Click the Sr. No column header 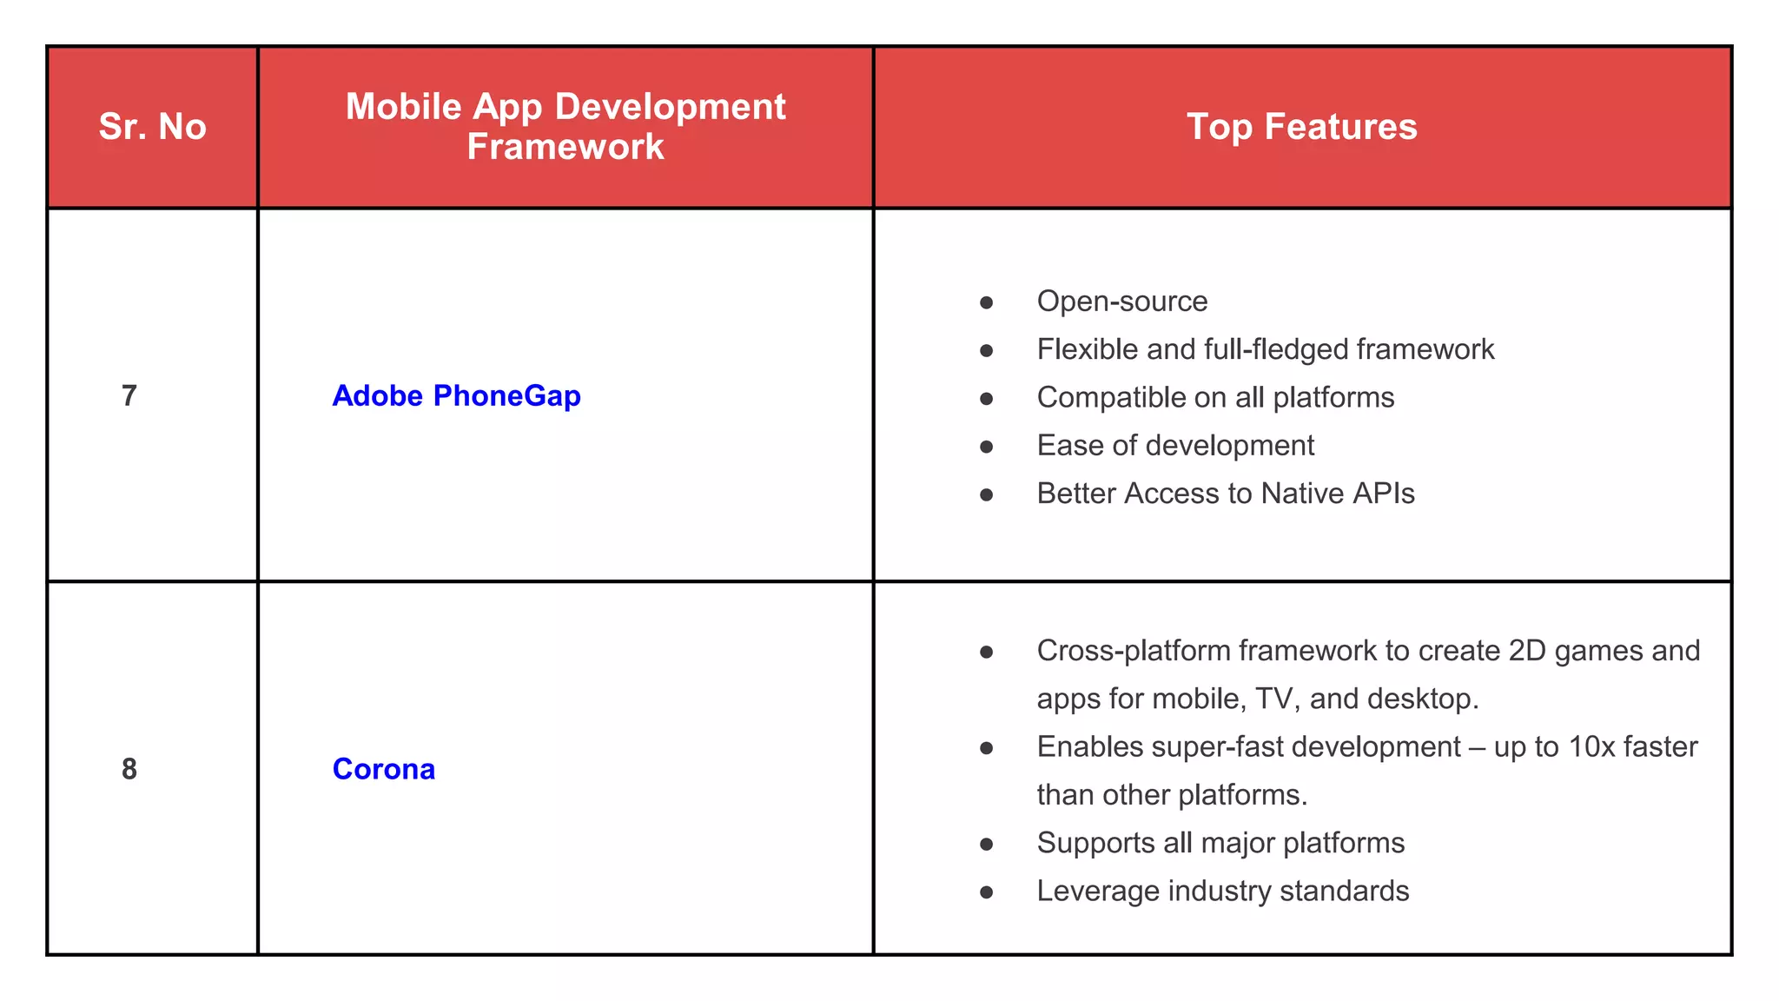152,127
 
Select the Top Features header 1301,127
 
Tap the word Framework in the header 565,147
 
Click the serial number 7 129,396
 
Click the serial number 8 129,769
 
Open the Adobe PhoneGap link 456,396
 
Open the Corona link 383,769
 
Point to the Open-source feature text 1121,302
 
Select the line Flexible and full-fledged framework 1265,349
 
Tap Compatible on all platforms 1215,398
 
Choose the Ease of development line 1175,446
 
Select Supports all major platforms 1220,843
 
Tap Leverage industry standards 1222,892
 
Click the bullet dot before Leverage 986,892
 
